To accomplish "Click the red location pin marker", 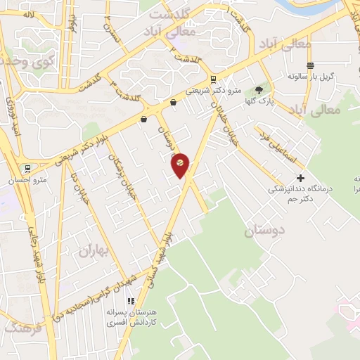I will pos(181,163).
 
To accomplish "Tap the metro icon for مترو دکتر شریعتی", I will pos(213,79).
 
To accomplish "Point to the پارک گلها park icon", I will pos(259,89).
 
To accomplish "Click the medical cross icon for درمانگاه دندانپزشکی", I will pos(301,178).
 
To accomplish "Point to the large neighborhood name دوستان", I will pos(265,231).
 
